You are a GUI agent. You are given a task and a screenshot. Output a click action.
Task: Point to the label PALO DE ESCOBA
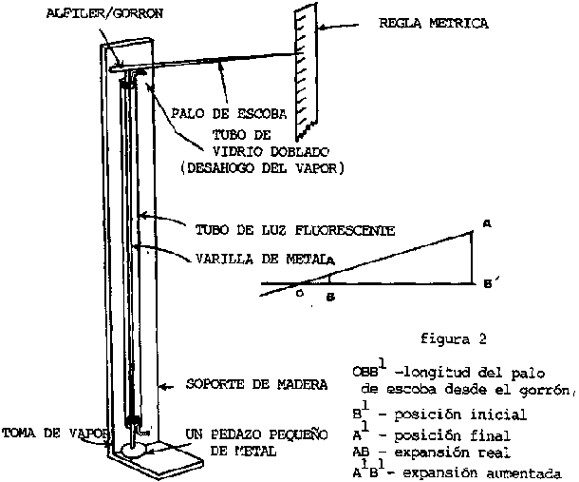(217, 113)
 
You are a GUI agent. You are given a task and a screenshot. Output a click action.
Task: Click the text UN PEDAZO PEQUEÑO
(236, 434)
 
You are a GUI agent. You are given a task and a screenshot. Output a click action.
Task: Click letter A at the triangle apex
(485, 223)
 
